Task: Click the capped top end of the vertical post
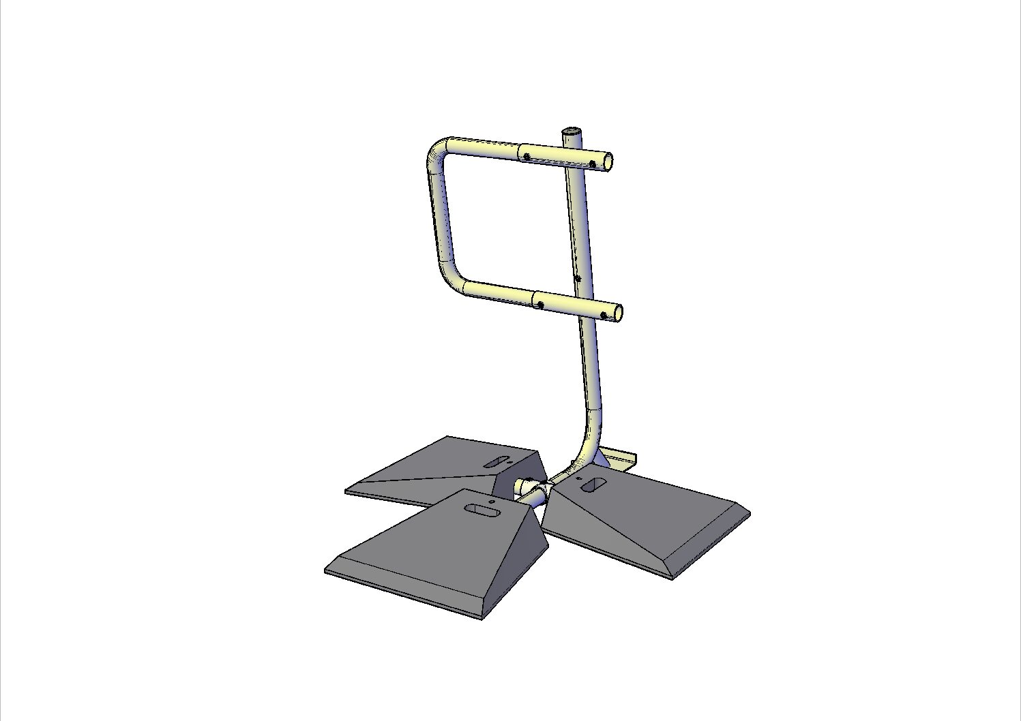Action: [572, 130]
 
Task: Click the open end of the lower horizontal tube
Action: [617, 313]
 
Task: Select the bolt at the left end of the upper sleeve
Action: [527, 157]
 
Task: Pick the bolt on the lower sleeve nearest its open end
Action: [604, 315]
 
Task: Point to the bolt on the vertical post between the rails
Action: [578, 278]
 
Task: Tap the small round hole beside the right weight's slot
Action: [578, 479]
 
